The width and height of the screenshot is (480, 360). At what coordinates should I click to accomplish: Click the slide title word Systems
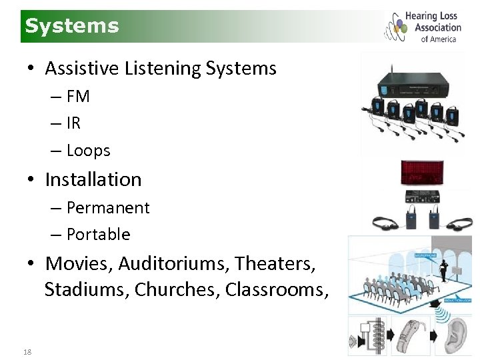[x=72, y=26]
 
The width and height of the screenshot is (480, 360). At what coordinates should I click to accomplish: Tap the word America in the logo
[x=443, y=39]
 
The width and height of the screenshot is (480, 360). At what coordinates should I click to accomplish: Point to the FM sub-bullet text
[x=78, y=97]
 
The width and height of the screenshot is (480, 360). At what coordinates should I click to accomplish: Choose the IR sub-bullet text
[x=73, y=123]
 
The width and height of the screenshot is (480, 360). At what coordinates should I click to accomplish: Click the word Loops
[x=89, y=151]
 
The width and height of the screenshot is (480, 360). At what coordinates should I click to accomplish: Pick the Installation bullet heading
[x=93, y=179]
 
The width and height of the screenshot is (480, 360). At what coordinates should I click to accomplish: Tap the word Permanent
[x=108, y=208]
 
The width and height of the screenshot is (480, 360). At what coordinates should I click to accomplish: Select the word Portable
[x=99, y=235]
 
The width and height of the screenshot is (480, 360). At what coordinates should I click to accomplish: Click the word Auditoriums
[x=174, y=263]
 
